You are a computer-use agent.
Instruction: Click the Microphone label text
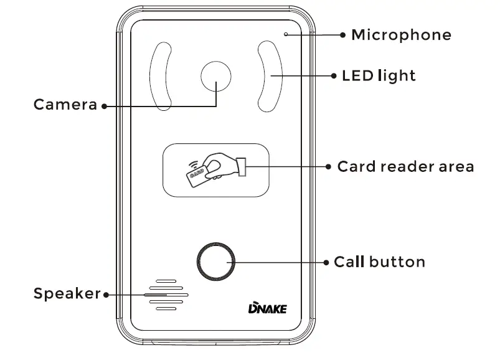click(x=401, y=35)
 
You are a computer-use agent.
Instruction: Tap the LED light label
click(x=379, y=76)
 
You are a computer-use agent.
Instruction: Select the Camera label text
click(x=65, y=105)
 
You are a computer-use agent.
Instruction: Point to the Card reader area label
click(x=405, y=167)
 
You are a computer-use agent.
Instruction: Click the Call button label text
click(x=380, y=262)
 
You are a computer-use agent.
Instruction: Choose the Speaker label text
click(x=67, y=293)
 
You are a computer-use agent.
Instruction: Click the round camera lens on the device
click(x=216, y=77)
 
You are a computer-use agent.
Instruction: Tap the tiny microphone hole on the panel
click(x=286, y=34)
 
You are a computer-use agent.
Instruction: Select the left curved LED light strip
click(x=160, y=77)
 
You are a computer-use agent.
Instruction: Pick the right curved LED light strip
click(x=269, y=77)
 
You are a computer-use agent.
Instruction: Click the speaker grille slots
click(x=166, y=293)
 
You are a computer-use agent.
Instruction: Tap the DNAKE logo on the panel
click(x=267, y=308)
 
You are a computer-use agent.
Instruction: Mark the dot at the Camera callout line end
click(x=104, y=106)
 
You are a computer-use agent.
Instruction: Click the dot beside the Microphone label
click(x=342, y=36)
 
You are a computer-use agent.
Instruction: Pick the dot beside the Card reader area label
click(x=328, y=167)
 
